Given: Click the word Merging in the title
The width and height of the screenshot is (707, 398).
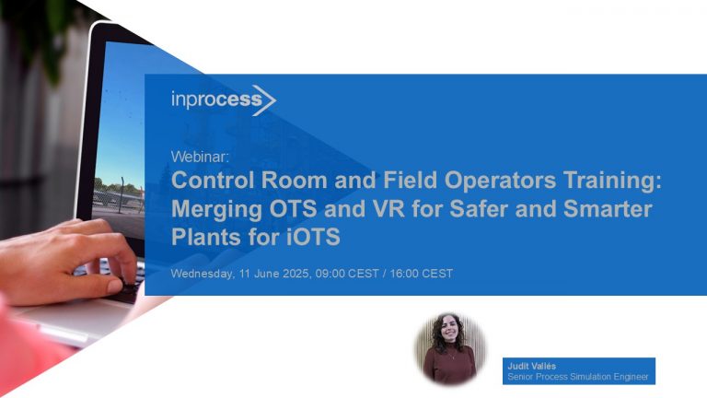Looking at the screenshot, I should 213,208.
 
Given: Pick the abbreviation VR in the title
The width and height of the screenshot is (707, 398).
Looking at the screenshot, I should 379,208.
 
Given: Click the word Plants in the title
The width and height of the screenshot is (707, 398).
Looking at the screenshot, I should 203,237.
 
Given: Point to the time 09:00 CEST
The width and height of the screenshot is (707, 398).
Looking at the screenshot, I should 345,274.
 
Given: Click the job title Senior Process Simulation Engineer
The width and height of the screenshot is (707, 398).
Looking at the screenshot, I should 578,377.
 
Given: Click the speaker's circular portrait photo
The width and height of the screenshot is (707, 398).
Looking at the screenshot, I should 449,348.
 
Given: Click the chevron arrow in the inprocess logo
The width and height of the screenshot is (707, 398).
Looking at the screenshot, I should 266,99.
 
